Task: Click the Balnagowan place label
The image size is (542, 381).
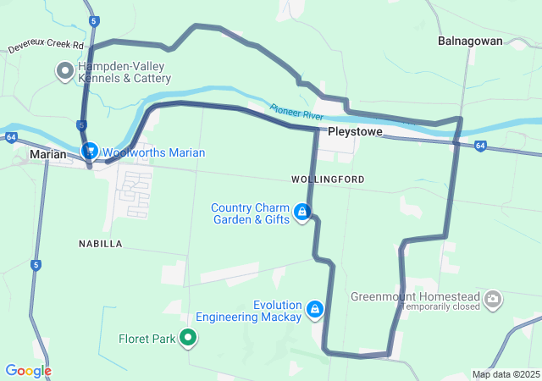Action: tap(470, 40)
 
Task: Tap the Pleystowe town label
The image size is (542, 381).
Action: tap(355, 133)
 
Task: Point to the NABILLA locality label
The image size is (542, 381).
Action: tap(100, 243)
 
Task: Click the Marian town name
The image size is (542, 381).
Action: tap(47, 154)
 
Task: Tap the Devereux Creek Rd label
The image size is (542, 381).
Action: tap(47, 47)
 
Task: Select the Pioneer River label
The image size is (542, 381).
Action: tap(296, 111)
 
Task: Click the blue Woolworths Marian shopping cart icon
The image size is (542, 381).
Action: tap(89, 151)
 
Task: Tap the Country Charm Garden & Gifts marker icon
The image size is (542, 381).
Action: tap(301, 212)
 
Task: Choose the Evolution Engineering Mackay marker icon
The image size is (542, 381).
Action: tap(315, 309)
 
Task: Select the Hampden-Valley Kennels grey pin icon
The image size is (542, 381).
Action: tap(64, 71)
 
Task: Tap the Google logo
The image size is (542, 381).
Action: tap(28, 371)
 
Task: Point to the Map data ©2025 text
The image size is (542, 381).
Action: tap(506, 374)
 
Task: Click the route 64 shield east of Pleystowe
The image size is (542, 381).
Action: tap(480, 146)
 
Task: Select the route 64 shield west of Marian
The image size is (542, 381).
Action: tap(10, 136)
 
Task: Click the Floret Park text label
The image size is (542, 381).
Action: tap(147, 340)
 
